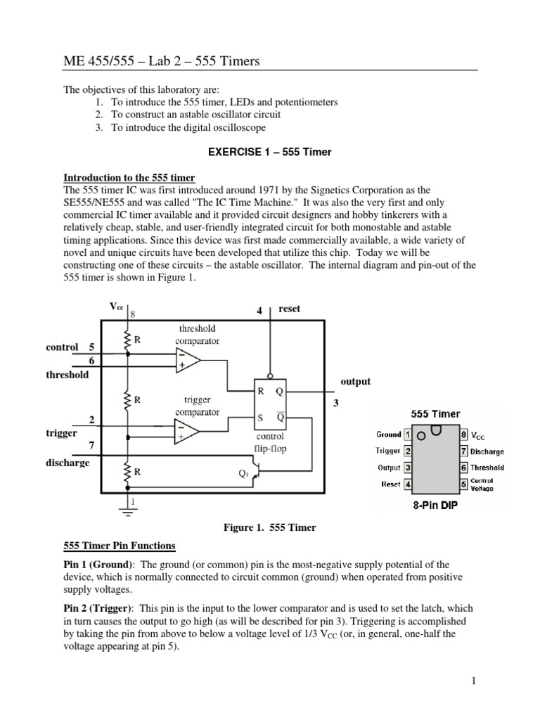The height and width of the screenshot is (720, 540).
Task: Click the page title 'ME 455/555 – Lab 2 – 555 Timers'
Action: [x=162, y=62]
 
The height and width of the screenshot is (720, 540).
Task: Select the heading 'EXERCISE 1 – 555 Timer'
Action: [x=269, y=151]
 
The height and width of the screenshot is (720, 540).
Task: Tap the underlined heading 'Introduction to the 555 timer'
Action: [x=129, y=177]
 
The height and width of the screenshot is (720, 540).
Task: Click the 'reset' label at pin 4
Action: [x=289, y=309]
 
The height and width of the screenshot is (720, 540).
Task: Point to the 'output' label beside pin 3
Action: [x=355, y=381]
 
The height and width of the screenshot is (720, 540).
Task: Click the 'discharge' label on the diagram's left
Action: [x=67, y=463]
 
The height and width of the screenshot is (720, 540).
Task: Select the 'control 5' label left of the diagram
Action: [x=71, y=347]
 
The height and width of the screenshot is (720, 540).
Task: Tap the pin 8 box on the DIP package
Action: [x=464, y=435]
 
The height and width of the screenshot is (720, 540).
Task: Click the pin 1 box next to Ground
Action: [x=409, y=435]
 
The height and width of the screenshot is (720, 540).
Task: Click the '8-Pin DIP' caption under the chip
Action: [x=435, y=504]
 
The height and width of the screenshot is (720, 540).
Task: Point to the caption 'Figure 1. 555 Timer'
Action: [x=269, y=527]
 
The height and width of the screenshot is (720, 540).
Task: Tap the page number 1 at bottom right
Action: [x=474, y=681]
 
